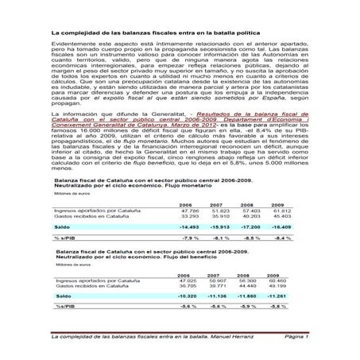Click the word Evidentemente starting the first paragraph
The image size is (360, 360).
point(69,69)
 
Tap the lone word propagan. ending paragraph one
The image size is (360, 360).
point(66,149)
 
